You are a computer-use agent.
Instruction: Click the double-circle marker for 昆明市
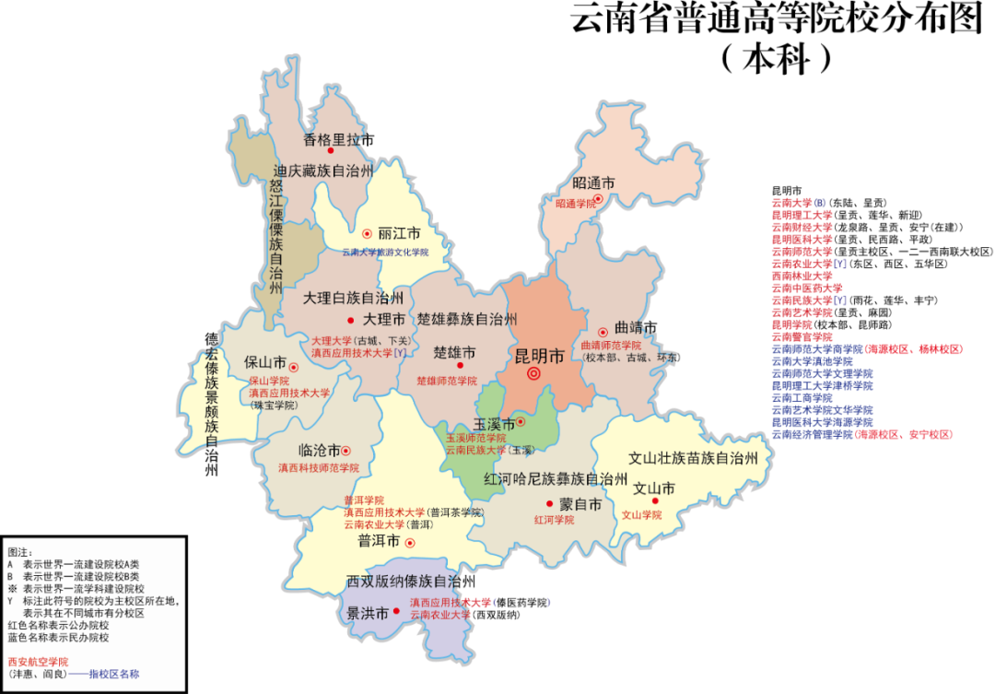tap(533, 373)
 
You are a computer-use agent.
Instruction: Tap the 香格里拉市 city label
tap(338, 140)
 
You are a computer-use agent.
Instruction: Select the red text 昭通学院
tap(576, 204)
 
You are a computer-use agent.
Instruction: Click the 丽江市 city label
tap(398, 234)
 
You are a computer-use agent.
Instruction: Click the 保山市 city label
tap(264, 361)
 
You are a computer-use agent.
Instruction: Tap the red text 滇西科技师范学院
tap(318, 467)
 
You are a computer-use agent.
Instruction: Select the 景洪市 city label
tap(367, 612)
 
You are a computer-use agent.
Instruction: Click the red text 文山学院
tap(642, 515)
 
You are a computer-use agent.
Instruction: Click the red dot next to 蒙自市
tap(549, 504)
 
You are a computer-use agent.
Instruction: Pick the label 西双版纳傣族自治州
tap(411, 582)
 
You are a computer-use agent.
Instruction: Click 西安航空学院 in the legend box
tap(38, 662)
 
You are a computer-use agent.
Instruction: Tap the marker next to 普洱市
tap(410, 543)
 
